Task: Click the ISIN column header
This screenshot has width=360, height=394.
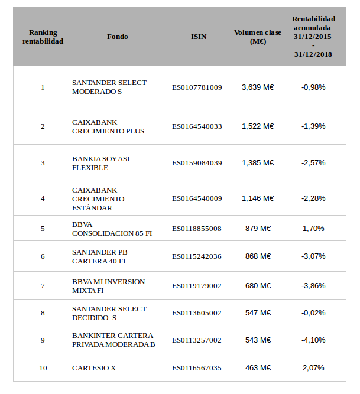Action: [199, 37]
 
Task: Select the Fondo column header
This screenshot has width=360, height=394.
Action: [117, 37]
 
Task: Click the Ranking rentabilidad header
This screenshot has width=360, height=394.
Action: [43, 37]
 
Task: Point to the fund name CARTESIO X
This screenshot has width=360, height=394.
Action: [94, 368]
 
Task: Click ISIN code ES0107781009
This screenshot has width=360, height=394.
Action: [197, 87]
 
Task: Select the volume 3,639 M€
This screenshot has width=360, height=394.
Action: [258, 87]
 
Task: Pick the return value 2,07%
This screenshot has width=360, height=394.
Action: [313, 368]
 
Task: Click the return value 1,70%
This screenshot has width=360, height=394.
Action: [313, 229]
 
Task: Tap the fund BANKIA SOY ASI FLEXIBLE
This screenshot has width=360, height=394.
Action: [100, 163]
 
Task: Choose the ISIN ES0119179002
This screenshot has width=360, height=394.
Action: [197, 286]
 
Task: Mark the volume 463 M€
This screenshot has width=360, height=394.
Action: [258, 368]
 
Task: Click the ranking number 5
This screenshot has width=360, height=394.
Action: [43, 229]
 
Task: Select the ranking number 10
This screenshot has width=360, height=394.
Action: [43, 368]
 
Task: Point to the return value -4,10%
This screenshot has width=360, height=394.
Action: [313, 340]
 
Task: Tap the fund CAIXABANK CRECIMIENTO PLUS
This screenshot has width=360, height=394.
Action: [108, 126]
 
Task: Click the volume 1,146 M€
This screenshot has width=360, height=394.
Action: [258, 198]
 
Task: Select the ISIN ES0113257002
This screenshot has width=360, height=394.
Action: [197, 340]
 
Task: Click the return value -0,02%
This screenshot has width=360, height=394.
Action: [313, 313]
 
